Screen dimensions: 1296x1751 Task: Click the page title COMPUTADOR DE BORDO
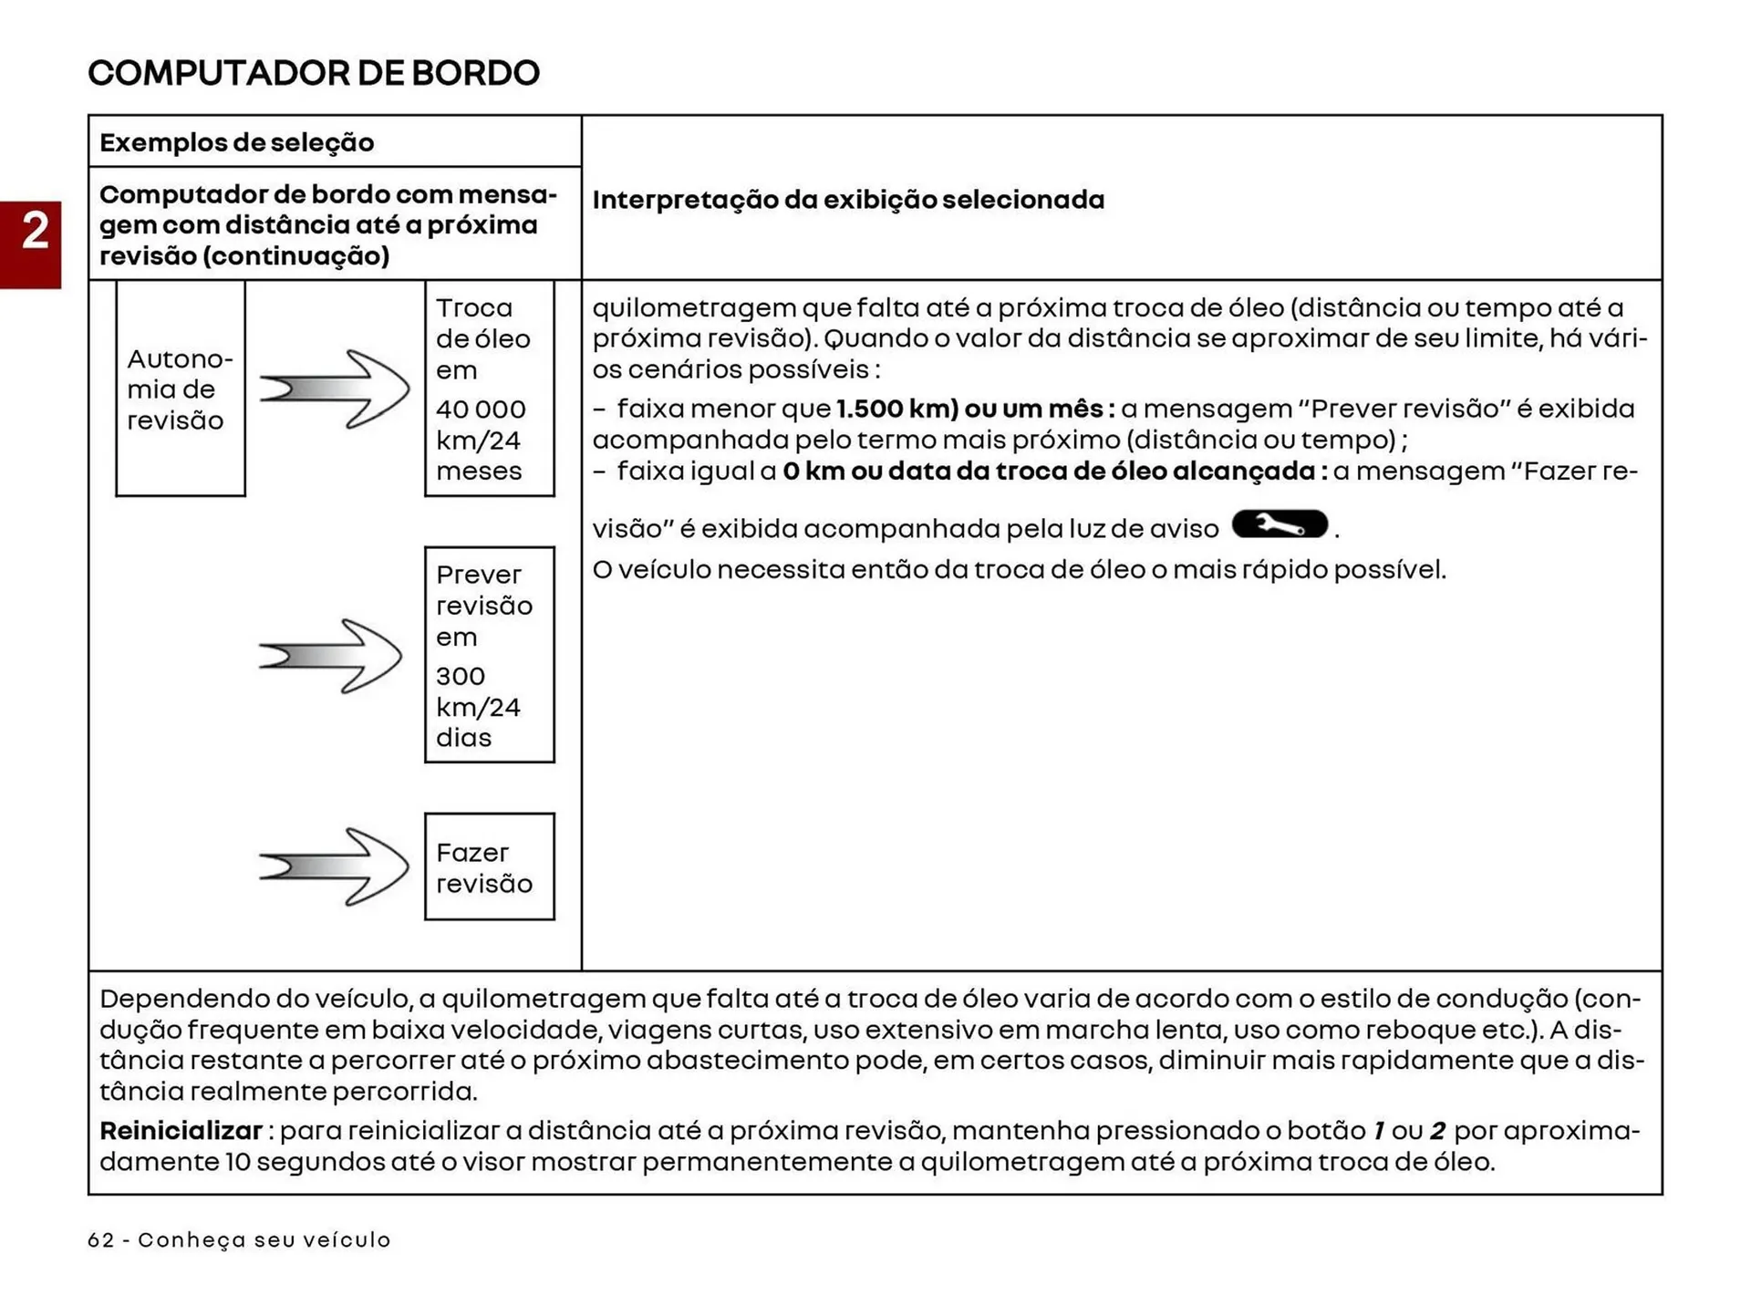pos(314,73)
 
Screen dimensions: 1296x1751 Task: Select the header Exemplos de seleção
pos(236,142)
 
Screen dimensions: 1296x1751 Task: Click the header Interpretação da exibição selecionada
pos(847,200)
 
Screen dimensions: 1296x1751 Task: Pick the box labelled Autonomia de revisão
pos(180,389)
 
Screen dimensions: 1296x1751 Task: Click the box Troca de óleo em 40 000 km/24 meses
pos(489,389)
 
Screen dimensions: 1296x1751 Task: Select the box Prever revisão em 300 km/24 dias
pos(489,655)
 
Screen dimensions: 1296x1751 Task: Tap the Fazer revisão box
pos(489,866)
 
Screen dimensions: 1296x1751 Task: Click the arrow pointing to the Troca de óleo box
pos(334,389)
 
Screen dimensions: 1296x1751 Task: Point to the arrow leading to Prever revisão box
pos(330,656)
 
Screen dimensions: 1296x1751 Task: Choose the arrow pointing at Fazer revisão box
pos(334,866)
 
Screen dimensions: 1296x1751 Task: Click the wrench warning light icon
pos(1280,524)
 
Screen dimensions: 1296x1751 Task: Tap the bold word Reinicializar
pos(181,1131)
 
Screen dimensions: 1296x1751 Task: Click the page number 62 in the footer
pos(101,1240)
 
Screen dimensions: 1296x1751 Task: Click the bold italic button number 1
pos(1379,1131)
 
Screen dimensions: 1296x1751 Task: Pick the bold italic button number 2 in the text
pos(1437,1131)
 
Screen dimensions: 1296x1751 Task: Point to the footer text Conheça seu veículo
pos(264,1240)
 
